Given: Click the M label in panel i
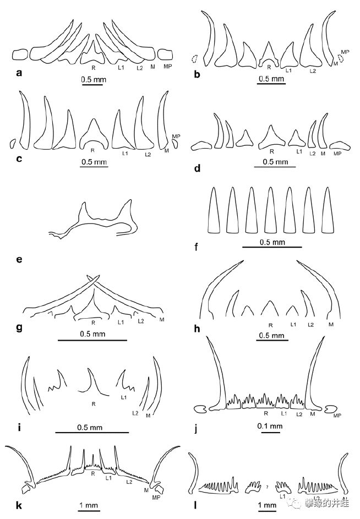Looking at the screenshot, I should pyautogui.click(x=149, y=416).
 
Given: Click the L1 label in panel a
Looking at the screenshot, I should pyautogui.click(x=119, y=68).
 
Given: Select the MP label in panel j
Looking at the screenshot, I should pyautogui.click(x=338, y=416).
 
